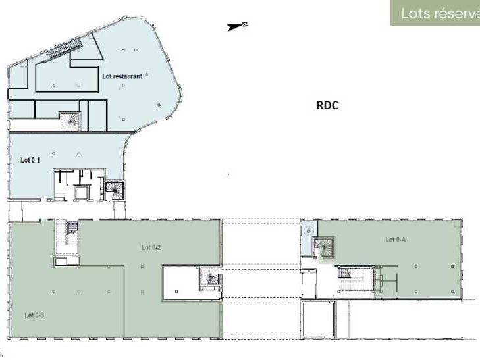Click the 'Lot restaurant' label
coord(122,76)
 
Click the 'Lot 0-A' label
coord(395,240)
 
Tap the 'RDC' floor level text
coord(327,105)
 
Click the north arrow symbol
coord(235,27)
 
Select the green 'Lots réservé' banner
coord(435,14)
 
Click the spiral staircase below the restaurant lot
coord(69,120)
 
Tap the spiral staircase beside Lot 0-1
coord(116,190)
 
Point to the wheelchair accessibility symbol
coord(308,230)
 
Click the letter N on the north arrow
coord(245,24)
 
